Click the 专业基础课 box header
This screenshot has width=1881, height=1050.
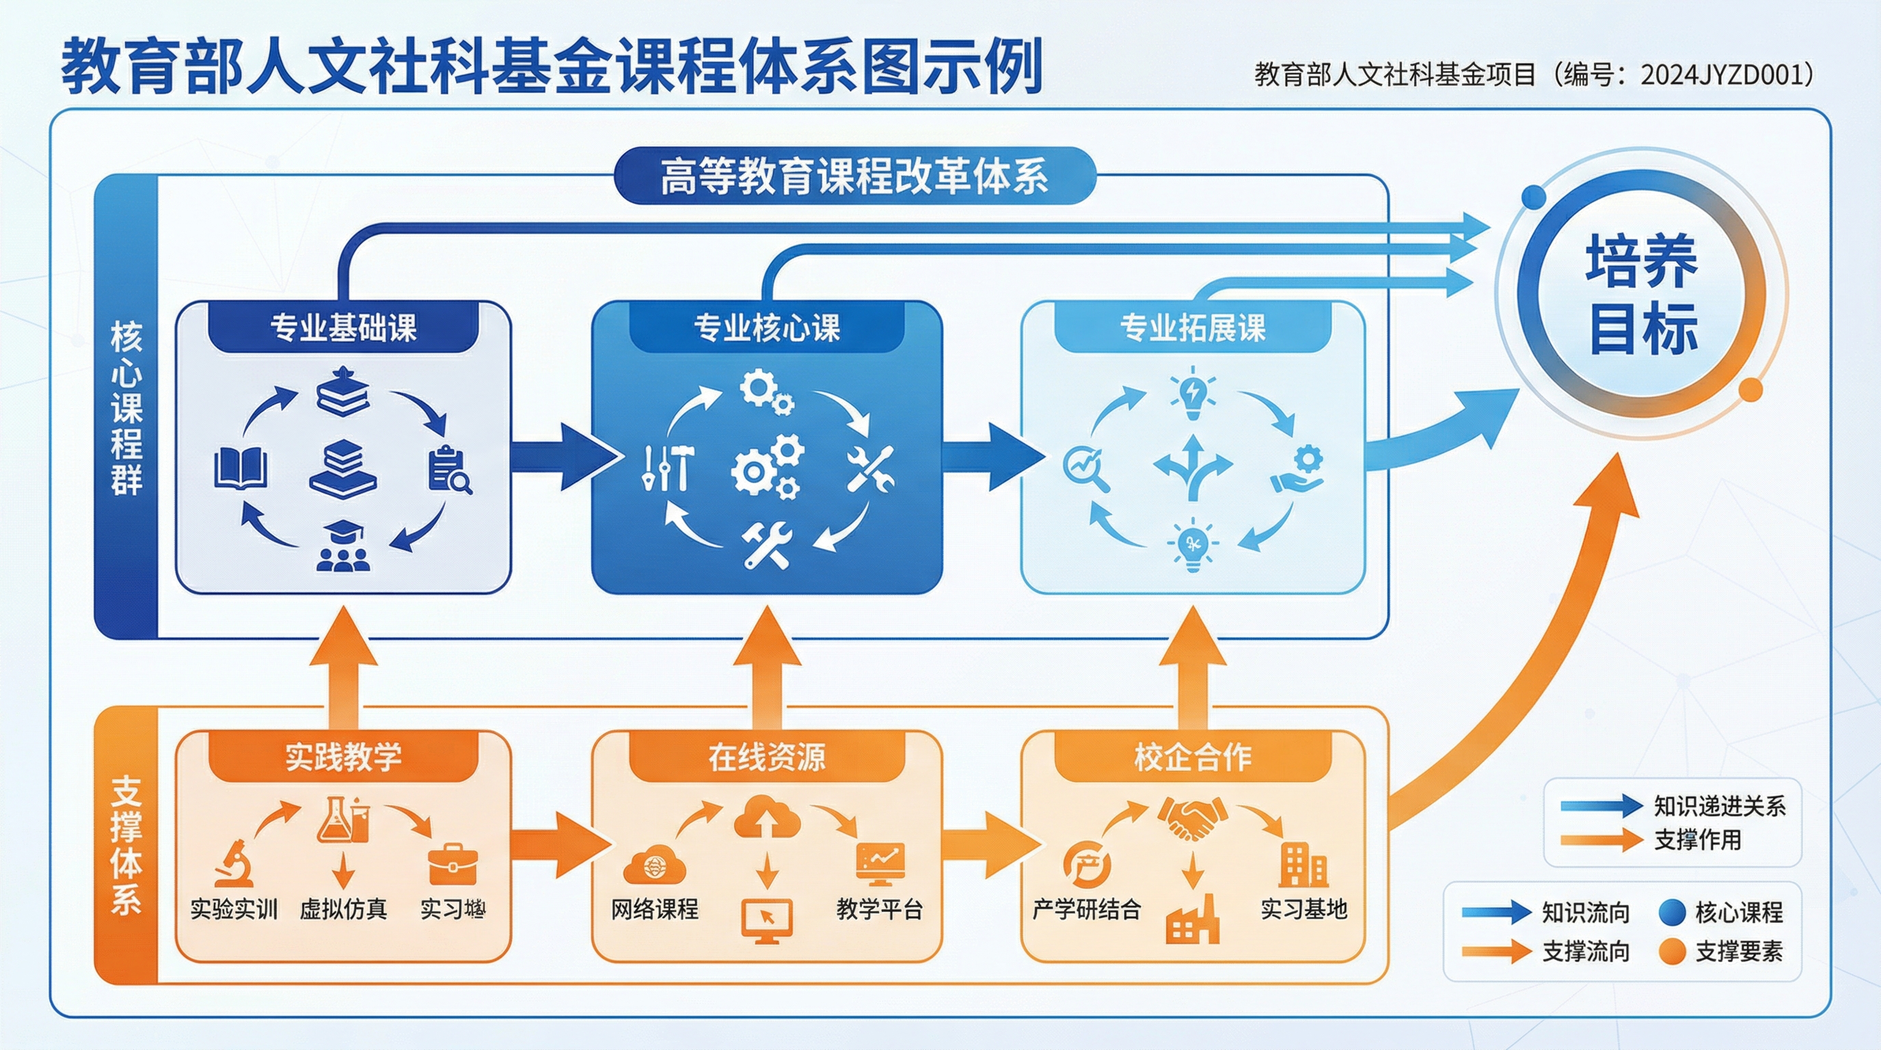(x=343, y=327)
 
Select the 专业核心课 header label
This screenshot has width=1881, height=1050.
(x=767, y=327)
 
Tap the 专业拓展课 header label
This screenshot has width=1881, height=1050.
(x=1193, y=327)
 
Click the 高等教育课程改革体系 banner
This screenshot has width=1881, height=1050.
(x=854, y=176)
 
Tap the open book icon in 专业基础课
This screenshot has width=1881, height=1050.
(x=240, y=469)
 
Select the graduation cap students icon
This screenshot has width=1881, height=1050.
(x=343, y=546)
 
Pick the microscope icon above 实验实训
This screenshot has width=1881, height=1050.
(x=234, y=864)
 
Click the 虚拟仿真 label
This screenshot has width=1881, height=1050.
(x=343, y=909)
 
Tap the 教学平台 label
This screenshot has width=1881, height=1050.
(x=879, y=909)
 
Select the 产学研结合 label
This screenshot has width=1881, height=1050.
(x=1087, y=909)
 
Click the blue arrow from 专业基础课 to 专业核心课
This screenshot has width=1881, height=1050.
(x=563, y=457)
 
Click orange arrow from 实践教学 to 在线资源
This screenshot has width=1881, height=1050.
(x=558, y=845)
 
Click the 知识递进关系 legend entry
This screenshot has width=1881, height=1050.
(x=1719, y=806)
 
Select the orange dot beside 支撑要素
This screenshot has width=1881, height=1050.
(x=1672, y=952)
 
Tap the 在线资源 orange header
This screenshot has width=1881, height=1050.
(x=767, y=757)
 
